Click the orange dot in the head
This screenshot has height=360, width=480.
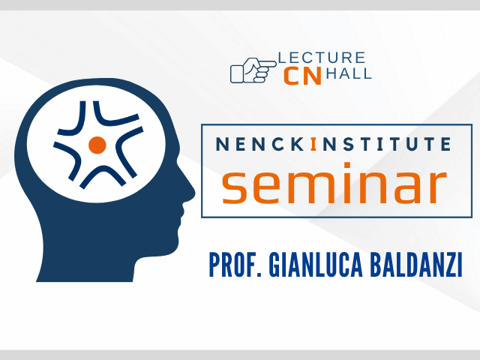pyautogui.click(x=97, y=145)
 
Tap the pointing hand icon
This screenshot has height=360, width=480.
pyautogui.click(x=253, y=70)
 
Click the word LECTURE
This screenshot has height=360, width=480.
pyautogui.click(x=322, y=58)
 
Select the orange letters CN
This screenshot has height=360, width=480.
pyautogui.click(x=302, y=76)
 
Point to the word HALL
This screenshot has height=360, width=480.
pyautogui.click(x=349, y=73)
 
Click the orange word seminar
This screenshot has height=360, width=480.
pyautogui.click(x=334, y=184)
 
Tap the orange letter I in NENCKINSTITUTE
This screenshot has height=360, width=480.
pyautogui.click(x=313, y=144)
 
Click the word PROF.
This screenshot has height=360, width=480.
pyautogui.click(x=235, y=265)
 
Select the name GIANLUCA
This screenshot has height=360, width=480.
pyautogui.click(x=316, y=265)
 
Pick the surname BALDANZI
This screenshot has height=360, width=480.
pyautogui.click(x=416, y=265)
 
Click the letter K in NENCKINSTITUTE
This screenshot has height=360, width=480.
pyautogui.click(x=297, y=144)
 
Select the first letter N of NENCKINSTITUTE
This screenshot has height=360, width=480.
pyautogui.click(x=222, y=144)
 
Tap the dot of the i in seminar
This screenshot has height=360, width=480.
pyautogui.click(x=346, y=166)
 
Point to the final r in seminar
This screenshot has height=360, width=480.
pyautogui.click(x=438, y=187)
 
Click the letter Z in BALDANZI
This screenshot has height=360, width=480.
pyautogui.click(x=448, y=265)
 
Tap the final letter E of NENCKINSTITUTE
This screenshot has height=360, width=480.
pyautogui.click(x=446, y=144)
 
